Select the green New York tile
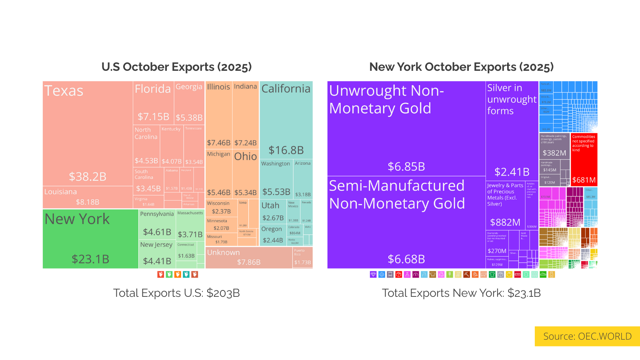point(90,239)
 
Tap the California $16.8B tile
point(286,120)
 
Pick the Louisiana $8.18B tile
point(88,197)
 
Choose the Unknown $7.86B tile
point(248,258)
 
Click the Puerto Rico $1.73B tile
point(302,258)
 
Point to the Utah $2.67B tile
point(273,212)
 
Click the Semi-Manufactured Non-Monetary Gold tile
point(406,222)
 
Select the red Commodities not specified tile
point(584,160)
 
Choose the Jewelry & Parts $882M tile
point(505,206)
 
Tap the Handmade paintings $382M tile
point(554,146)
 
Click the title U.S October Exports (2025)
point(176,67)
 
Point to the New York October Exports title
point(461,67)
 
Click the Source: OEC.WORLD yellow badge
point(587,336)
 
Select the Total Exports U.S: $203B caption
point(176,293)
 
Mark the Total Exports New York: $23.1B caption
point(461,293)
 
